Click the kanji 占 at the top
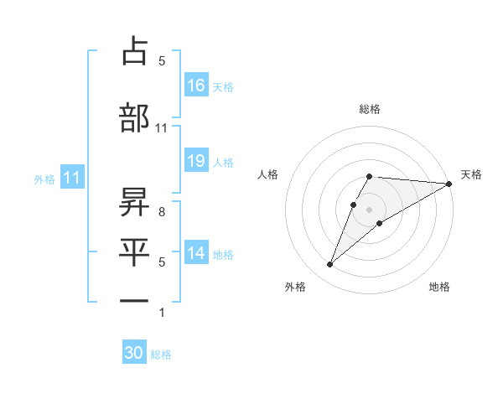134,51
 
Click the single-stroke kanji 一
134,299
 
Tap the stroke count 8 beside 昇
161,211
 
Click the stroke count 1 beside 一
161,313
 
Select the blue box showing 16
196,85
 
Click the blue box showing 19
196,161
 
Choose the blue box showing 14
196,253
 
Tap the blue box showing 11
72,178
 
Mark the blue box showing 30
134,353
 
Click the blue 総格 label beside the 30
161,355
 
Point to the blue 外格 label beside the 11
44,179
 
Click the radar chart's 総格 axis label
370,109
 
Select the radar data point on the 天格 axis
449,184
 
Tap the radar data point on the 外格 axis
329,265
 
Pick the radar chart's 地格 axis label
439,287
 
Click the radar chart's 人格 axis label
268,174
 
